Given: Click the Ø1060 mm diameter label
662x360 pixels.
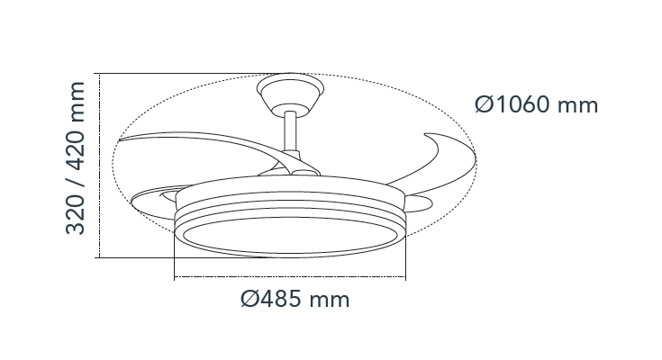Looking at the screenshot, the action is (x=536, y=104).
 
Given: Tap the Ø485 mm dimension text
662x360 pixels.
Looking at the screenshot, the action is (x=295, y=299).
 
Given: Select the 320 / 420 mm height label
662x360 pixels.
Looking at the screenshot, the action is (x=76, y=157).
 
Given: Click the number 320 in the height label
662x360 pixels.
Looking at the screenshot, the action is (x=76, y=215).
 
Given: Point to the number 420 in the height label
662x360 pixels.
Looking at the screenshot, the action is (x=76, y=151).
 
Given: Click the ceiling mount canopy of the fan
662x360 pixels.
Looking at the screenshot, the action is (x=290, y=95).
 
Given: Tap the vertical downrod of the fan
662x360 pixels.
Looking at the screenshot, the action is (x=290, y=130).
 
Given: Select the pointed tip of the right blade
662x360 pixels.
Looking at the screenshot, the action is (x=425, y=135).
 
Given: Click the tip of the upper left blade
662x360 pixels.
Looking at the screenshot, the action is (x=119, y=139).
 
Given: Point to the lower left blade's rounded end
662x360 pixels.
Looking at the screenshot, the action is (x=132, y=202).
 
